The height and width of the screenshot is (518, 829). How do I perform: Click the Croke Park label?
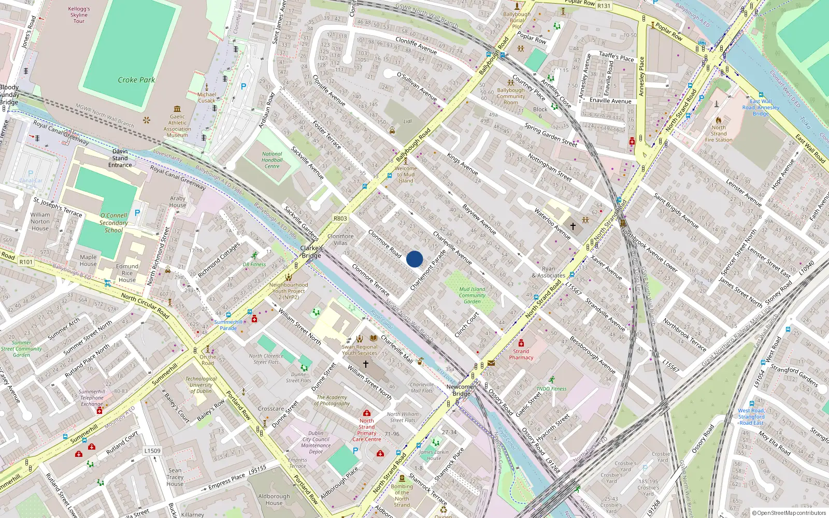click(x=136, y=80)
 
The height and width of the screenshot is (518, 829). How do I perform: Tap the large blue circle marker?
click(x=414, y=259)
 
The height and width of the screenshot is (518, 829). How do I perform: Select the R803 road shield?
click(x=340, y=219)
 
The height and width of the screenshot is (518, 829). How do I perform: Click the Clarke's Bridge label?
click(x=311, y=252)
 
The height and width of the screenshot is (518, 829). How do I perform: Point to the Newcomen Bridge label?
click(x=461, y=390)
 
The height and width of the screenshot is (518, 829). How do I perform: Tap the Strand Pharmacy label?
click(x=521, y=354)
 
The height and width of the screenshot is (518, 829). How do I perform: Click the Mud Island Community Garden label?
click(x=472, y=295)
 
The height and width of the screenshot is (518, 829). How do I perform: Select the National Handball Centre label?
click(x=272, y=160)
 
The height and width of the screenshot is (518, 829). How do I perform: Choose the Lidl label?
click(x=407, y=122)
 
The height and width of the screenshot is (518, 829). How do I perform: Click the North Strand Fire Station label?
click(x=719, y=134)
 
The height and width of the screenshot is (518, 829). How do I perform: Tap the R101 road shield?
click(x=26, y=262)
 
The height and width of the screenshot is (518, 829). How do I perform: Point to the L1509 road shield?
click(x=152, y=451)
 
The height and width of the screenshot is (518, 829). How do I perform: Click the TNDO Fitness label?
click(x=551, y=388)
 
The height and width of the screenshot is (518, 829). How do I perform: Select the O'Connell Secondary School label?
click(x=113, y=223)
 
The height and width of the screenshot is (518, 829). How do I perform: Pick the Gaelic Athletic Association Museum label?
click(x=177, y=126)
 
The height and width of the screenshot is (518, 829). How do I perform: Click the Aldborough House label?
click(x=274, y=499)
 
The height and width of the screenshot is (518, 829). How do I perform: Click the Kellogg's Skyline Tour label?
click(x=79, y=15)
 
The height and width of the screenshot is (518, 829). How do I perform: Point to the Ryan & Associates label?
click(x=548, y=272)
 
